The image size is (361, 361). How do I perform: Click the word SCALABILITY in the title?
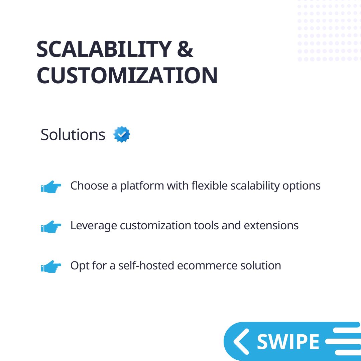(x=104, y=49)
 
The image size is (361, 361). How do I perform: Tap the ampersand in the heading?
(x=185, y=49)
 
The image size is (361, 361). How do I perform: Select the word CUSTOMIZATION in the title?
(x=127, y=76)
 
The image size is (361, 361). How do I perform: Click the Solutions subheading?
(x=73, y=135)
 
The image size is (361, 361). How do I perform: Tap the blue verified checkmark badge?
(x=122, y=134)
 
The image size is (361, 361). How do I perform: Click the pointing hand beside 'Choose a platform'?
(x=51, y=187)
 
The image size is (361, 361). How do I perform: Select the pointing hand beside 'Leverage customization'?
(x=51, y=227)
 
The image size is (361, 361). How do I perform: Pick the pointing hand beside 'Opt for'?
(x=51, y=266)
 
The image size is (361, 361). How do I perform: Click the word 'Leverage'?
(x=94, y=226)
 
